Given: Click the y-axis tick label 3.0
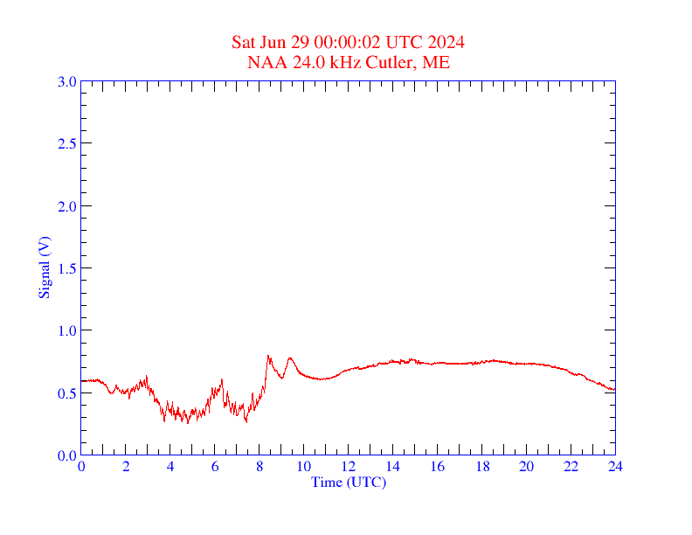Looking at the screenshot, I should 66,81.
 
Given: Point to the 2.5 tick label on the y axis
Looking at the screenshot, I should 66,143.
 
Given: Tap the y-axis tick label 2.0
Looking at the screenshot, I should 66,206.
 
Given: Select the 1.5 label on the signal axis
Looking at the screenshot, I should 66,268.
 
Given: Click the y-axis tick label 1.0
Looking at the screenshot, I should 66,330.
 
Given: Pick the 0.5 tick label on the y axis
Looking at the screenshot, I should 66,393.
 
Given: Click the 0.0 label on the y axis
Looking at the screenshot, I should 66,455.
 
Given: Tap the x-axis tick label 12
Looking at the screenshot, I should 349,467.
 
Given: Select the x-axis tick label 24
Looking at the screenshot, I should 615,467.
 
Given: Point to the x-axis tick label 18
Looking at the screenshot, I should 482,467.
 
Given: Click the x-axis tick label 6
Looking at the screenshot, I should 215,467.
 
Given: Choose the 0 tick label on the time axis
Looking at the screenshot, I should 81,467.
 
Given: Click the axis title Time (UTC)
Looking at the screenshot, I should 349,482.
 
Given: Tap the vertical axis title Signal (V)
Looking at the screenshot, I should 44,268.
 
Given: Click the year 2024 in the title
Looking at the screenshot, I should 446,42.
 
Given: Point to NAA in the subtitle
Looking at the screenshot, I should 265,62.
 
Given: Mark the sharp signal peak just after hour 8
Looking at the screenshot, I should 267,356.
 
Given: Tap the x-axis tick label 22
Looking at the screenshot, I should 571,467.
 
